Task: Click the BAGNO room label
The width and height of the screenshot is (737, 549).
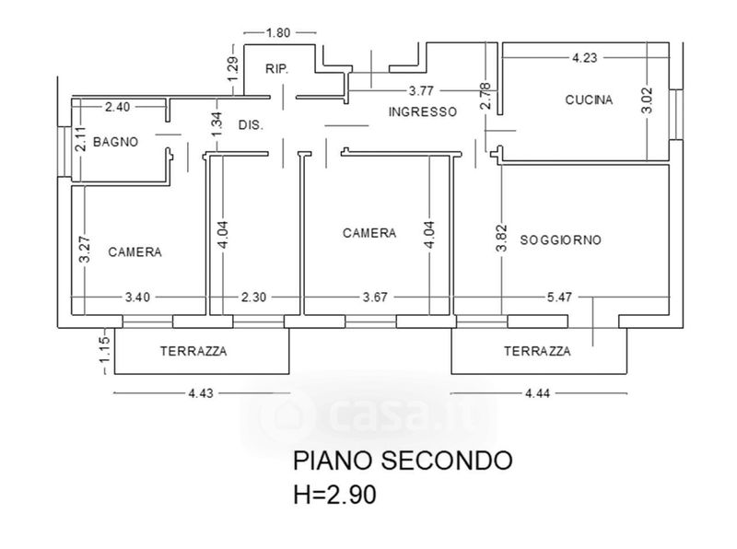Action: (116, 143)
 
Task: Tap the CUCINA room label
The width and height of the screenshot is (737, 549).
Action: (589, 100)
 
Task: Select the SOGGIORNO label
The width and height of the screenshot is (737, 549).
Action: (560, 239)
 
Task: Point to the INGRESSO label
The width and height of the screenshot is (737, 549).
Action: (422, 111)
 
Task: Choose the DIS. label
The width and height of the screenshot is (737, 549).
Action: (251, 124)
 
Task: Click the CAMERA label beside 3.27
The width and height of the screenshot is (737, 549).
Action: (135, 251)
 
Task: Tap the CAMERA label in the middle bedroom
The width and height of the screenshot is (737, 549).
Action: (369, 233)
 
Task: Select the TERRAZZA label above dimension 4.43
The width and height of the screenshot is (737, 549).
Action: (193, 351)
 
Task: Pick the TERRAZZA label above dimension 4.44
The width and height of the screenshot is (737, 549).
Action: (537, 351)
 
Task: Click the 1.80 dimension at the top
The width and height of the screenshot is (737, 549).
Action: (278, 33)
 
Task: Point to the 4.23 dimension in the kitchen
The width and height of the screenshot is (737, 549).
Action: (584, 57)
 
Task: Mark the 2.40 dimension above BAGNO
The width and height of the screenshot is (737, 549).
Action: (117, 107)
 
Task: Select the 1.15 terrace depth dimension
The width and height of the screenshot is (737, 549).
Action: (105, 351)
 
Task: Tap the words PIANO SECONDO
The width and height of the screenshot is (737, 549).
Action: (401, 459)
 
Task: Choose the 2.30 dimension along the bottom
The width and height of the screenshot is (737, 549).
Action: (254, 297)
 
